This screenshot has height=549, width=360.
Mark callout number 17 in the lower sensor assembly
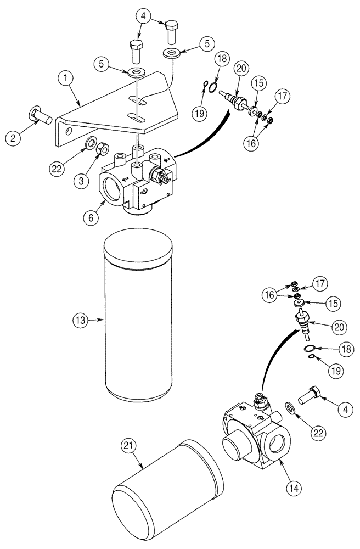pos(319,284)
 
